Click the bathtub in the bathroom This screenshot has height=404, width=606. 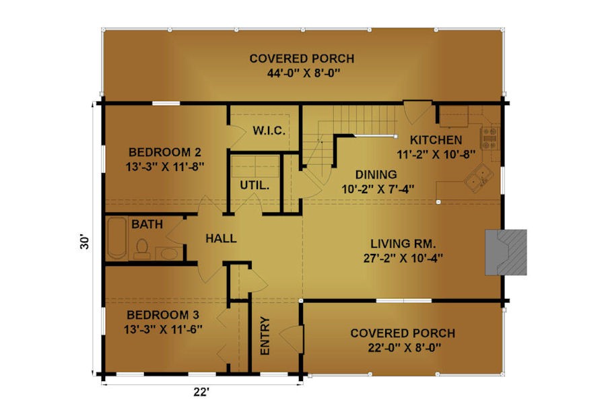pos(116,238)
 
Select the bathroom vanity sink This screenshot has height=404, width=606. pos(168,254)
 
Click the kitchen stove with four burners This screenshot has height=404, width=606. pos(489,138)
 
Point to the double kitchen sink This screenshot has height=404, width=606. pos(479,178)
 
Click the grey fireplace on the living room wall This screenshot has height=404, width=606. pos(506,252)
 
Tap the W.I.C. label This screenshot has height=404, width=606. pos(269,131)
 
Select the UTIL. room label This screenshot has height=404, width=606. pos(255,185)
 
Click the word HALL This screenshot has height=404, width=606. pos(221,238)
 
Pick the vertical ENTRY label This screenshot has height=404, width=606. pos(265,335)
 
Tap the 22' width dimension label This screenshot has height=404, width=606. pos(201,392)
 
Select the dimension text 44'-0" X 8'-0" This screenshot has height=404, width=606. pos(304,73)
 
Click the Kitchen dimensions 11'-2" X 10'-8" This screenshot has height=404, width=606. pos(436,155)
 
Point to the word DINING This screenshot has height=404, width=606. pos(376,175)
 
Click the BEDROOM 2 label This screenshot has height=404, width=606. pos(165,152)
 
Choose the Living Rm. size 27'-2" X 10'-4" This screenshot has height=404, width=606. pos(403,258)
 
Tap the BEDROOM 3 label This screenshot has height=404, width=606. pos(163,314)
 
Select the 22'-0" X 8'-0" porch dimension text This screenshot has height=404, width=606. pos(404,348)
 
